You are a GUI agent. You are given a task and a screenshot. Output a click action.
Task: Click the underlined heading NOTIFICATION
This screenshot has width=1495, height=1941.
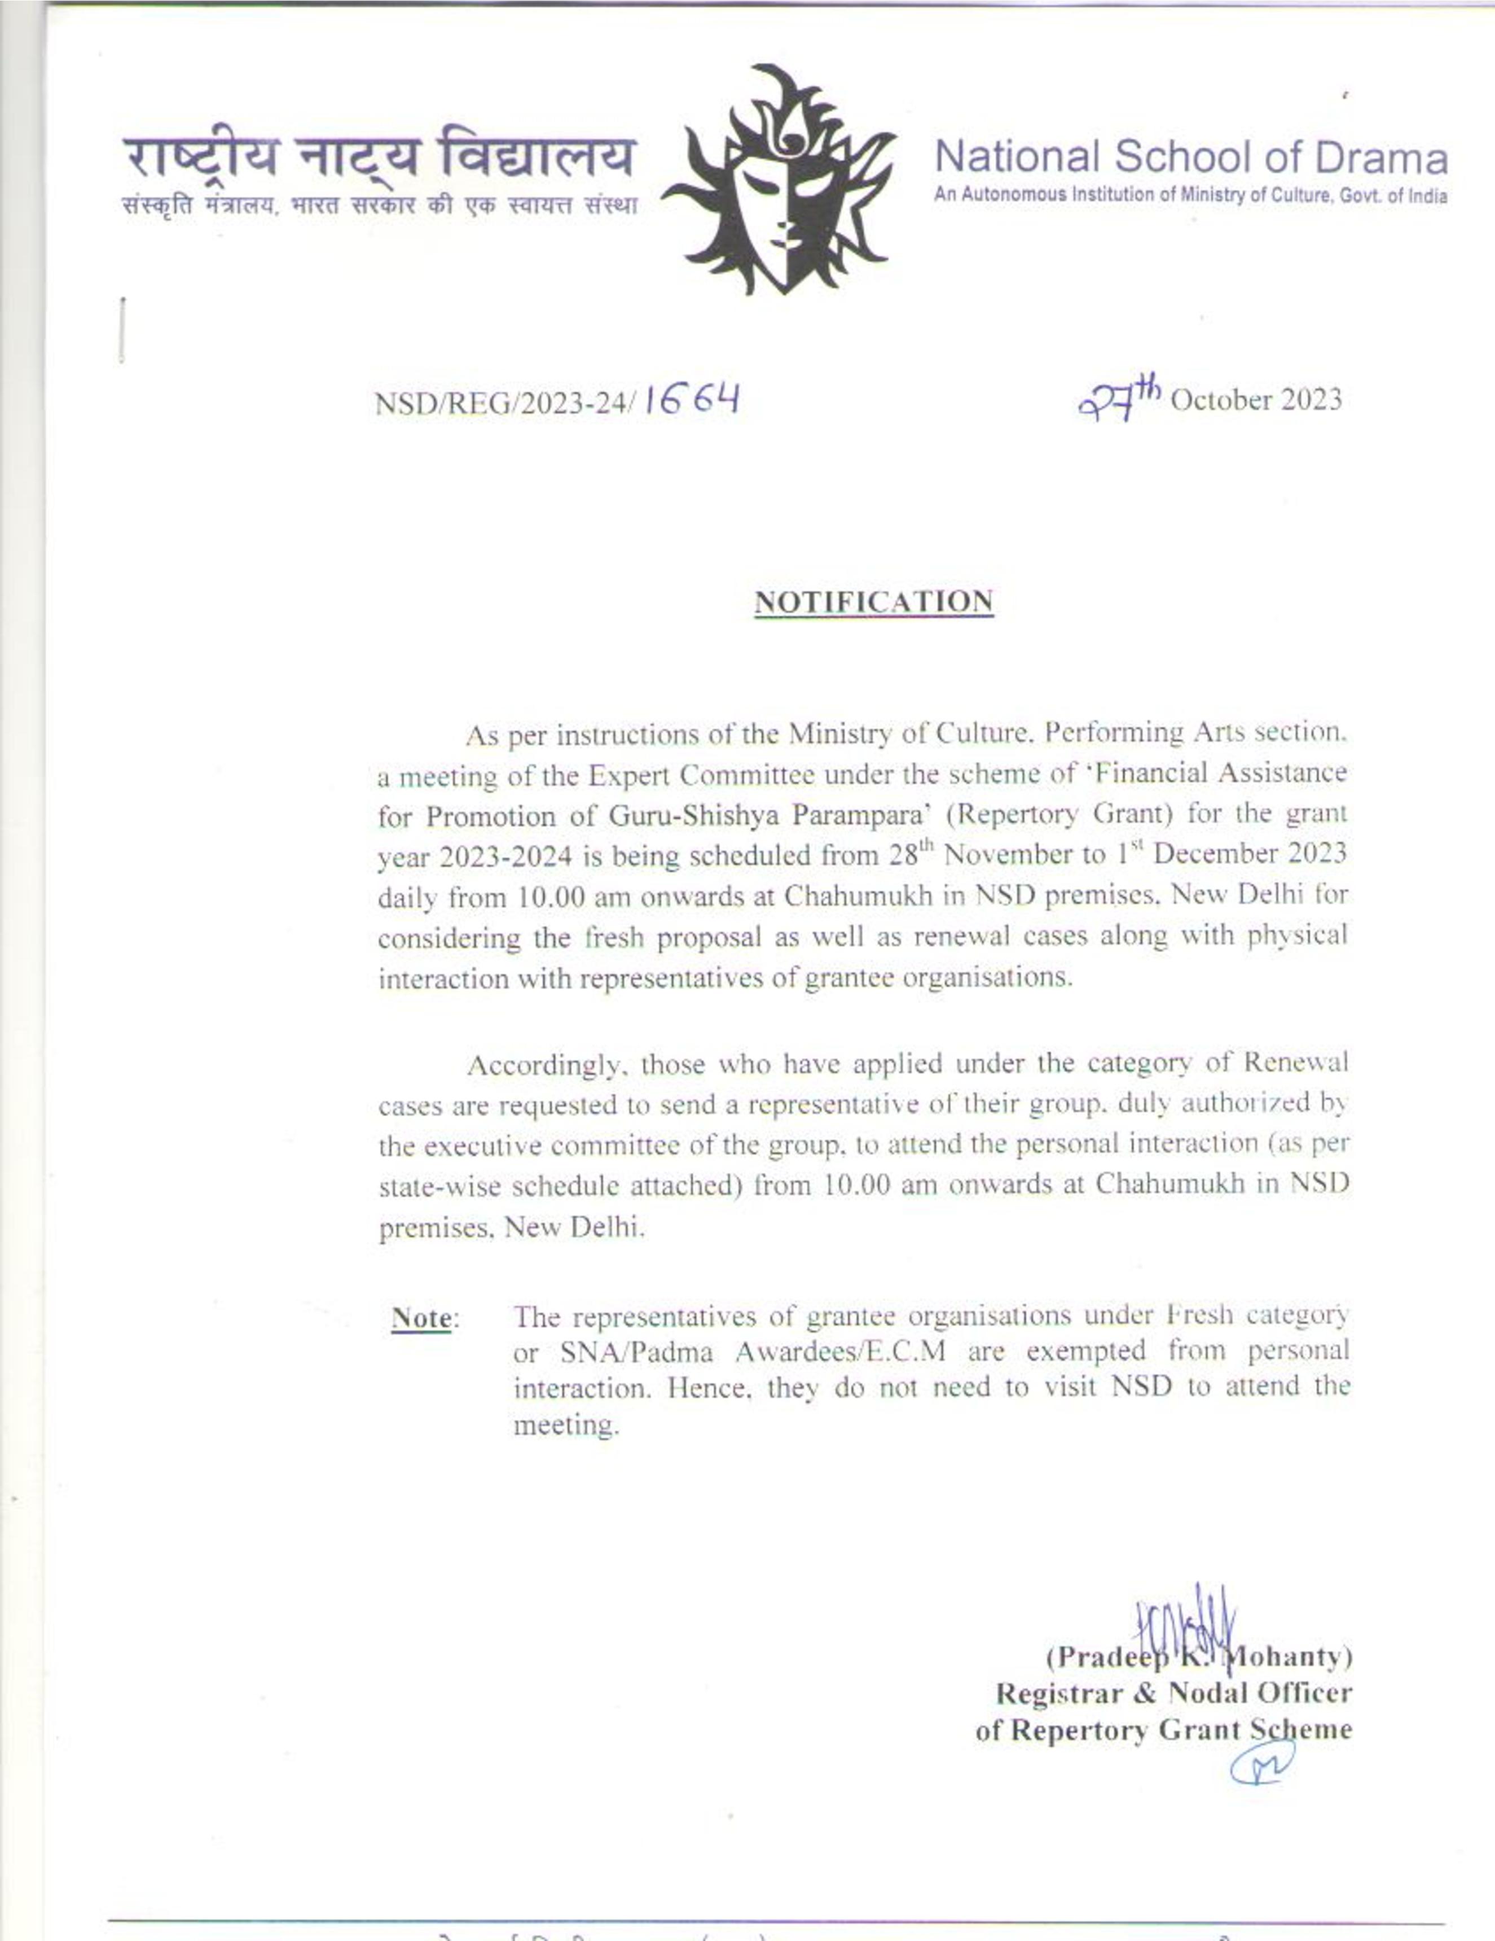click(x=873, y=602)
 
